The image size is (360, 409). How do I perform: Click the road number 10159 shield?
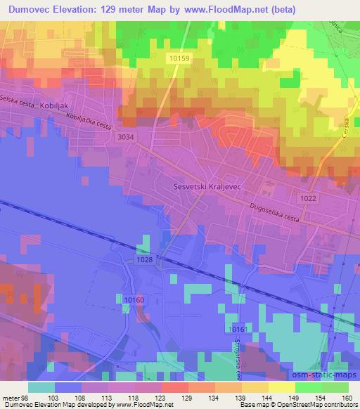point(179,58)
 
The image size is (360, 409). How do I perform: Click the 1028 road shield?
point(145,260)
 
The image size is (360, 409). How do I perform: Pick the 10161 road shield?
point(239,330)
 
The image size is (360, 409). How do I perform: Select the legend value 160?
point(345,398)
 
